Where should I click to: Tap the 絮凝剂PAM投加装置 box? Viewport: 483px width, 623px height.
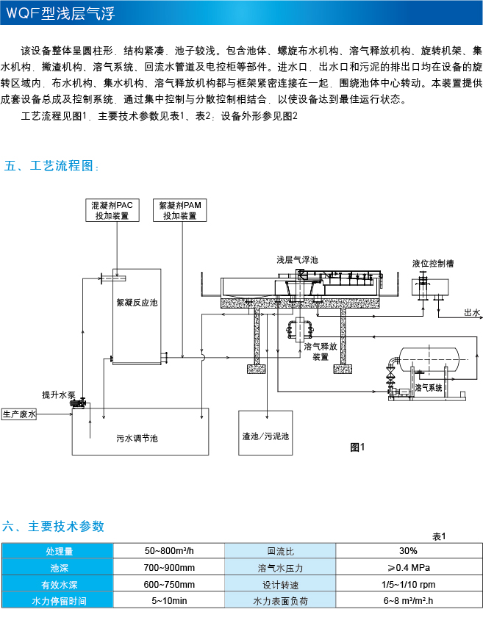(x=179, y=211)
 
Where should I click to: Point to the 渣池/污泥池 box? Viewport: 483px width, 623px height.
(x=266, y=436)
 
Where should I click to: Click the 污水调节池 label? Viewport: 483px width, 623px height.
(x=137, y=439)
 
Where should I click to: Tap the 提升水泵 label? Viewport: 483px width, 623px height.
(x=57, y=395)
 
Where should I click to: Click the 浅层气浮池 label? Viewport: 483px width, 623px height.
(x=297, y=260)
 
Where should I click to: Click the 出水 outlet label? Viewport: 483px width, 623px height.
(x=471, y=313)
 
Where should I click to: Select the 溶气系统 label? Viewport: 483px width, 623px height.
(x=429, y=387)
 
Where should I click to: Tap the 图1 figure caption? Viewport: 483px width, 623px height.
(x=358, y=446)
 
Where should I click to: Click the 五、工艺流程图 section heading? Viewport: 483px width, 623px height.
(x=50, y=166)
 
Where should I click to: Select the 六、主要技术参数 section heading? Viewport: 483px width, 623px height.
(x=54, y=526)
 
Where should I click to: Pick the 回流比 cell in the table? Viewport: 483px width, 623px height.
(x=280, y=551)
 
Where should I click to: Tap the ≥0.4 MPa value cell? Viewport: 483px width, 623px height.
(x=408, y=568)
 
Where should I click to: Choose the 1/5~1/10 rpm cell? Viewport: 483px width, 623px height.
(x=408, y=585)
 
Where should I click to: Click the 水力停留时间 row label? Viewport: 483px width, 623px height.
(x=58, y=602)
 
